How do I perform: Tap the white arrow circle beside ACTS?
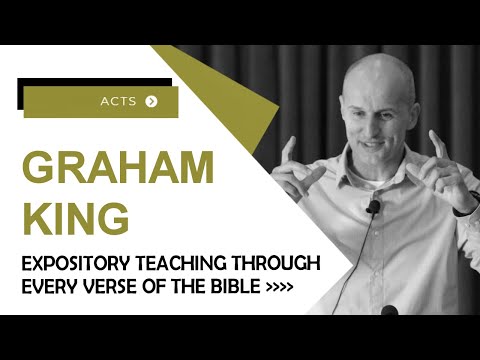pyautogui.click(x=151, y=101)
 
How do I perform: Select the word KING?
pyautogui.click(x=73, y=216)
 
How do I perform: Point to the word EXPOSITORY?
pyautogui.click(x=73, y=265)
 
